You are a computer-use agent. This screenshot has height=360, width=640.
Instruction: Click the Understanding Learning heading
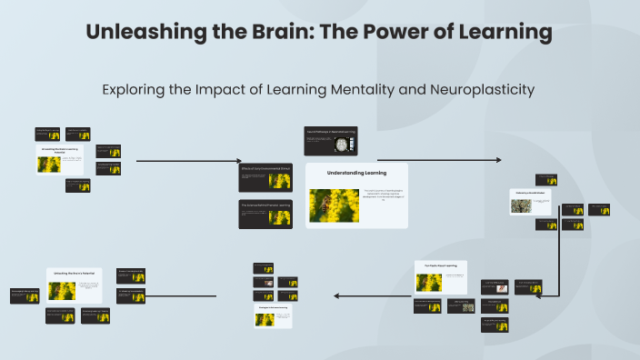click(x=356, y=173)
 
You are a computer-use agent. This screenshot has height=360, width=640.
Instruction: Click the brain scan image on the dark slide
click(x=343, y=144)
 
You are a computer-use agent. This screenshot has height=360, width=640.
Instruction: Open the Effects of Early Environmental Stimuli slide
click(x=265, y=176)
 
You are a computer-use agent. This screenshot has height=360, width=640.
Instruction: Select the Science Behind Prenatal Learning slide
click(x=265, y=213)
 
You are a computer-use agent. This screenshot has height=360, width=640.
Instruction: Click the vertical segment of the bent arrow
click(x=558, y=255)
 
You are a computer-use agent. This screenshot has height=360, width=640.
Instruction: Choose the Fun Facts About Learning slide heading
click(x=440, y=266)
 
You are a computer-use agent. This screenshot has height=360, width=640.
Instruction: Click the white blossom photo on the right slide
click(x=522, y=205)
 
